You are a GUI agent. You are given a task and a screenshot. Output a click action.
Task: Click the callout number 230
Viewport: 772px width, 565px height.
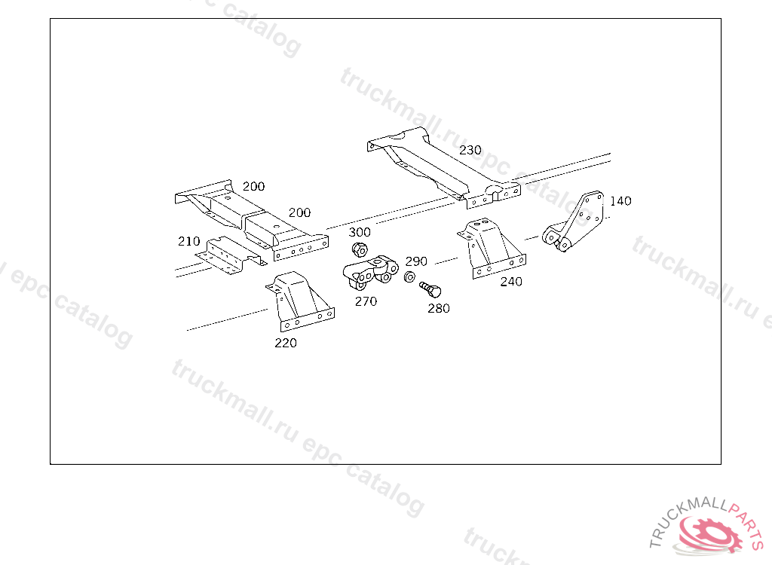470,150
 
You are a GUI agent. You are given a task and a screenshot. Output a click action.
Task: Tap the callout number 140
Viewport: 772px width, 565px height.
620,201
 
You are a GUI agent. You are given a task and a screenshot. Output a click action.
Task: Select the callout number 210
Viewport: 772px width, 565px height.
189,241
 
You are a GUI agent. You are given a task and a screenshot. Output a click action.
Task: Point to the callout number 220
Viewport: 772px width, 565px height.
286,343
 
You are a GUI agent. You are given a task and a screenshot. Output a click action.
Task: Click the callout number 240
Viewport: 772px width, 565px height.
511,282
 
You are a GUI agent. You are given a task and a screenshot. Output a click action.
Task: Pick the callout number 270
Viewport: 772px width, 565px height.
366,301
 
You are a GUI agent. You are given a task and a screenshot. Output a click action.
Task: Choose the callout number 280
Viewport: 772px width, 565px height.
439,309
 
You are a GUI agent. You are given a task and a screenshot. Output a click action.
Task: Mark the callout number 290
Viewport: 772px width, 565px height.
416,261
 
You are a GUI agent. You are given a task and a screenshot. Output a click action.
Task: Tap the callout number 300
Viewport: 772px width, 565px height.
360,232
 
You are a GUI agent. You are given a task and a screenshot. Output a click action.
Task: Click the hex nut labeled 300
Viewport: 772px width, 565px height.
360,249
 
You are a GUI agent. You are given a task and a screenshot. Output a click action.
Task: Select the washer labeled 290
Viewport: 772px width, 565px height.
409,277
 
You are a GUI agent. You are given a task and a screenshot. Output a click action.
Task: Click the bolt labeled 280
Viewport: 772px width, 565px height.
430,289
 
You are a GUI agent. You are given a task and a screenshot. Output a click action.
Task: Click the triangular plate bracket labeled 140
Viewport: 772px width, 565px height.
574,221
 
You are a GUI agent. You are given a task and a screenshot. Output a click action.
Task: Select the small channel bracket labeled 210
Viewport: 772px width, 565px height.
231,255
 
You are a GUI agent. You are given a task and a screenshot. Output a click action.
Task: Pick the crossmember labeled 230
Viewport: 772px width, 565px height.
443,167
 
